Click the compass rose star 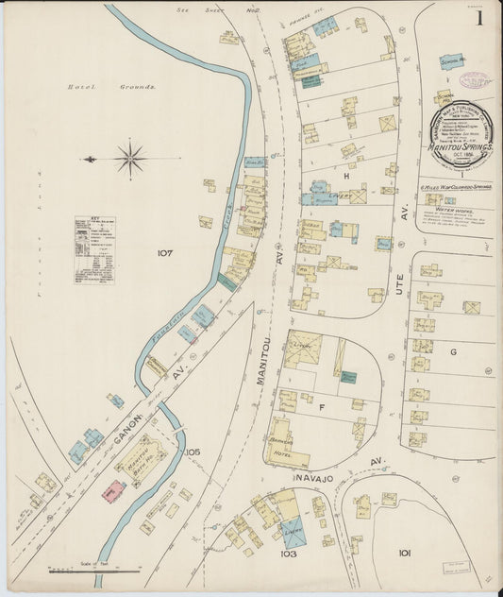click(130, 159)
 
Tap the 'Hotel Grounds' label click(111, 87)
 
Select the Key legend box click(94, 249)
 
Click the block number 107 click(166, 253)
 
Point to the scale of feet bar click(92, 571)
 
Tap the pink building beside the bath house click(113, 491)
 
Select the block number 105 click(193, 452)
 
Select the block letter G click(453, 351)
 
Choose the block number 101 click(405, 553)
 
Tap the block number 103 click(289, 554)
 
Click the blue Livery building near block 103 click(292, 531)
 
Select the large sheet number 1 click(480, 17)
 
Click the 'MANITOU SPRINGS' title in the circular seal click(461, 148)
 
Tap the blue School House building click(452, 61)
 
